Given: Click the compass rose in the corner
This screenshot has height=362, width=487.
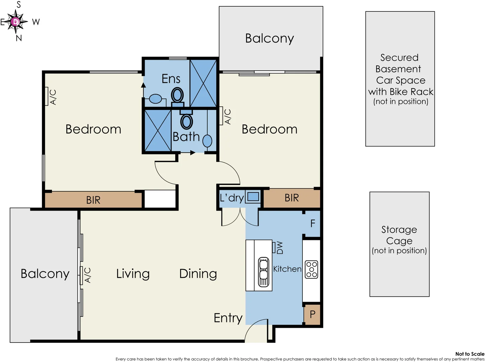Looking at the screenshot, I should (x=16, y=22).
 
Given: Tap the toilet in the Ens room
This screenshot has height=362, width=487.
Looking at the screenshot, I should (x=178, y=95).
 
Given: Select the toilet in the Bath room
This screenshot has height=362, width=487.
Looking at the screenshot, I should (x=187, y=121).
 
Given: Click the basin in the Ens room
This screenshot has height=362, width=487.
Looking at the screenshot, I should (x=155, y=99).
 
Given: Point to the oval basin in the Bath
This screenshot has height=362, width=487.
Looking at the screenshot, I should (x=207, y=141).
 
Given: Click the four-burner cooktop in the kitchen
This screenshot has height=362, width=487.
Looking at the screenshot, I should (x=311, y=269).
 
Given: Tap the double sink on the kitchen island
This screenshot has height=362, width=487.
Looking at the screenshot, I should (x=264, y=271).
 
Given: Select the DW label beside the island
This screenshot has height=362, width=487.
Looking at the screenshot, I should (x=280, y=248).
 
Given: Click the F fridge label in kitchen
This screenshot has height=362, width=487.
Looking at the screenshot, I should (x=312, y=224).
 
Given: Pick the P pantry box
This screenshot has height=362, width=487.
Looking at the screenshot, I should (x=312, y=314).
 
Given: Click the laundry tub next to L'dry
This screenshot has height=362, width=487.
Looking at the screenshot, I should (x=253, y=197).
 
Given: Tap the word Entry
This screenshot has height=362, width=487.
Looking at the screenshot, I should (x=228, y=318).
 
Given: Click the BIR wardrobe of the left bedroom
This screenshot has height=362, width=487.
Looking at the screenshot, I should (x=93, y=200).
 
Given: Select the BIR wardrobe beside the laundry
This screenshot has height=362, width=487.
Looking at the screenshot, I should (x=291, y=198).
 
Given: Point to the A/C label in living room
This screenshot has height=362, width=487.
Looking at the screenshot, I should (x=87, y=275).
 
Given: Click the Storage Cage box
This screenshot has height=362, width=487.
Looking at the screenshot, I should (x=399, y=244).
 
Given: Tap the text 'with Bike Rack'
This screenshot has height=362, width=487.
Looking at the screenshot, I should (x=401, y=92).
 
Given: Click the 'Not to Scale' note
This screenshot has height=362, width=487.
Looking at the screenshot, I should (x=470, y=354).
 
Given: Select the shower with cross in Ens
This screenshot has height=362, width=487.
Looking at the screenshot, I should (x=203, y=83).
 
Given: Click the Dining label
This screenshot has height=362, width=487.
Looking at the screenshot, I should (x=198, y=274).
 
